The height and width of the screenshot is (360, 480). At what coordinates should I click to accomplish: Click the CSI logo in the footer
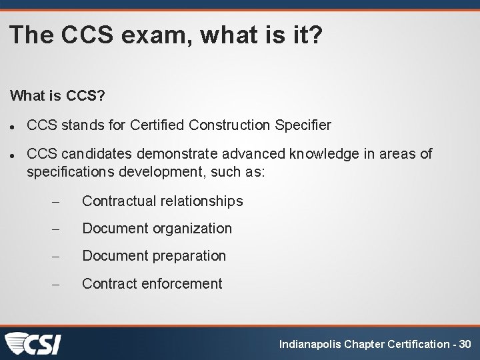33,343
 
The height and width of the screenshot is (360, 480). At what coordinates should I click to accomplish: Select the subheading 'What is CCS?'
57,96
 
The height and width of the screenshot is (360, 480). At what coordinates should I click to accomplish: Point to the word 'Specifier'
303,125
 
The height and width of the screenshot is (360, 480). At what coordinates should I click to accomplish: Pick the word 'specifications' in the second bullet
71,172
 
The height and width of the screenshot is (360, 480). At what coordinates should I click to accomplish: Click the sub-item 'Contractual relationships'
162,201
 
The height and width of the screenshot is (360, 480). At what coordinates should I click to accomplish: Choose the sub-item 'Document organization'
157,229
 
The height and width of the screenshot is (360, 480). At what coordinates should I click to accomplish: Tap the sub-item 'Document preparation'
154,256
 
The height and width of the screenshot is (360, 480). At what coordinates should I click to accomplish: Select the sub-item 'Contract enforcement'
152,284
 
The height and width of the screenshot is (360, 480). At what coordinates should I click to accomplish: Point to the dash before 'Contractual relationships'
56,201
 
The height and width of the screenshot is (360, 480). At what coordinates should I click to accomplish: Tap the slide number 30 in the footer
465,345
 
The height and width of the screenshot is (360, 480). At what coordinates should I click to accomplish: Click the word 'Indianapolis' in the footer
308,345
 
